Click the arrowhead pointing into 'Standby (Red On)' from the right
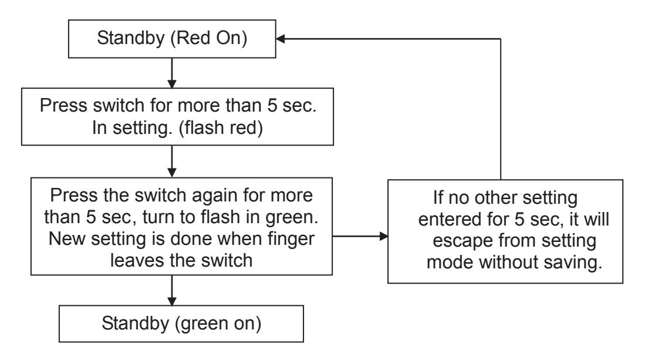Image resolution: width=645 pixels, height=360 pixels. (281, 39)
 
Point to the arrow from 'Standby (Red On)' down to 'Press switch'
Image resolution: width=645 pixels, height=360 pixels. (172, 73)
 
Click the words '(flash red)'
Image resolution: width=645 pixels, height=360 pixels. (221, 128)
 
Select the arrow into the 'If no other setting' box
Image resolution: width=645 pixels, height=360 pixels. (360, 236)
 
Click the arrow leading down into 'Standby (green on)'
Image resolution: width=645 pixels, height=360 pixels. (172, 290)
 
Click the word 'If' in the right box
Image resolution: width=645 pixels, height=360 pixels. (438, 198)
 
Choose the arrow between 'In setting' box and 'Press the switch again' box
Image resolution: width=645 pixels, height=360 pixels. (172, 162)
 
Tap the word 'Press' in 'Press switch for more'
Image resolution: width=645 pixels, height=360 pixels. (64, 106)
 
